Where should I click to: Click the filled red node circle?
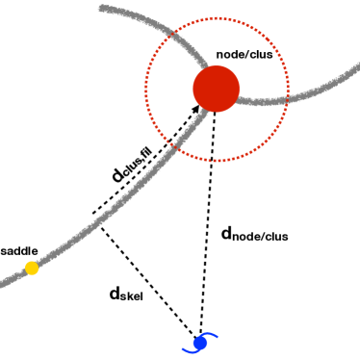click(216, 89)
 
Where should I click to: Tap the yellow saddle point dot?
click(32, 268)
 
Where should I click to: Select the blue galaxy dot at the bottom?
click(199, 343)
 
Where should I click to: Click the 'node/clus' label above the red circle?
click(251, 54)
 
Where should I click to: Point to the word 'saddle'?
click(19, 250)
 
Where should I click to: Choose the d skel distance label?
click(126, 294)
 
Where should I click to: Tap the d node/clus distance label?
click(254, 233)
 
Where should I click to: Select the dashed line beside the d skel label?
click(144, 274)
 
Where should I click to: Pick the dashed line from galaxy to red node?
click(207, 221)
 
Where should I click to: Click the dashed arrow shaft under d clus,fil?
click(144, 162)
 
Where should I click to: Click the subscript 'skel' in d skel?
click(133, 297)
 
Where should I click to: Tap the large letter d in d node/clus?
click(228, 232)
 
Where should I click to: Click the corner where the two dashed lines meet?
click(93, 214)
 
